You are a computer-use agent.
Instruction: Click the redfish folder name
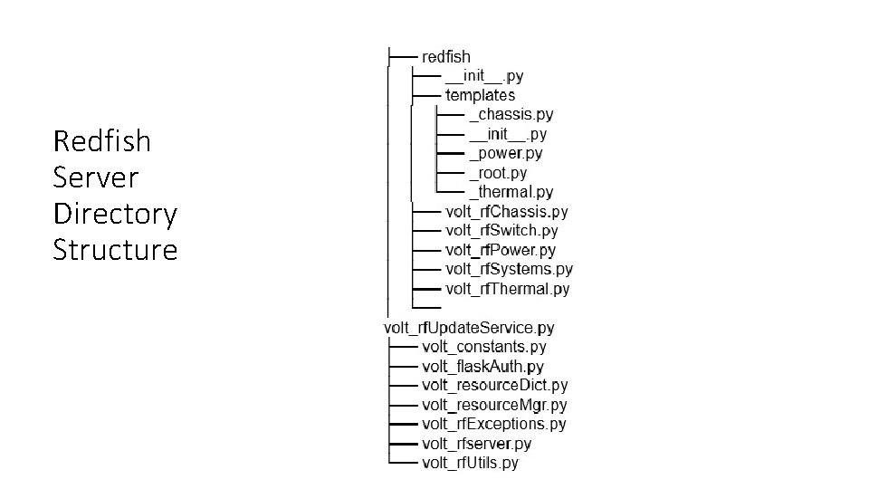[x=446, y=57]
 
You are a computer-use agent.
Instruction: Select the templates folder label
[x=480, y=95]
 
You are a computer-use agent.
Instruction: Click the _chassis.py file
[x=511, y=115]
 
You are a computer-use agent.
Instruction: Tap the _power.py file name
[x=505, y=154]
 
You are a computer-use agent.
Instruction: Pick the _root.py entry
[x=498, y=173]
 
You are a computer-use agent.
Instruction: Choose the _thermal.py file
[x=511, y=192]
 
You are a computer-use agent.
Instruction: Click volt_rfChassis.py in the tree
[x=507, y=212]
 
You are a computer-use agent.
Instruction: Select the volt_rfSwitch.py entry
[x=501, y=231]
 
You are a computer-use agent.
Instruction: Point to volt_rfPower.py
[x=501, y=250]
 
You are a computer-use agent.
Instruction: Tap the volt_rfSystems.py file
[x=509, y=269]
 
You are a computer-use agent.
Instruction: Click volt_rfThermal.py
[x=508, y=289]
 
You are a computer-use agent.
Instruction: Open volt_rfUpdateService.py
[x=470, y=327]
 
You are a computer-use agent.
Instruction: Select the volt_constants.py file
[x=483, y=347]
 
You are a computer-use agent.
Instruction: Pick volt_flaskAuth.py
[x=482, y=367]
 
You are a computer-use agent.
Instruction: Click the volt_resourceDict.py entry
[x=494, y=386]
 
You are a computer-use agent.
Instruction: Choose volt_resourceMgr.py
[x=494, y=405]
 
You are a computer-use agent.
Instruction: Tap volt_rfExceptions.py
[x=493, y=424]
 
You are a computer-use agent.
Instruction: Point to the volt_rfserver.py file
[x=476, y=444]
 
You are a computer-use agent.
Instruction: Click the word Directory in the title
[x=115, y=215]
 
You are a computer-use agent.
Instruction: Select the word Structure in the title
[x=115, y=249]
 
